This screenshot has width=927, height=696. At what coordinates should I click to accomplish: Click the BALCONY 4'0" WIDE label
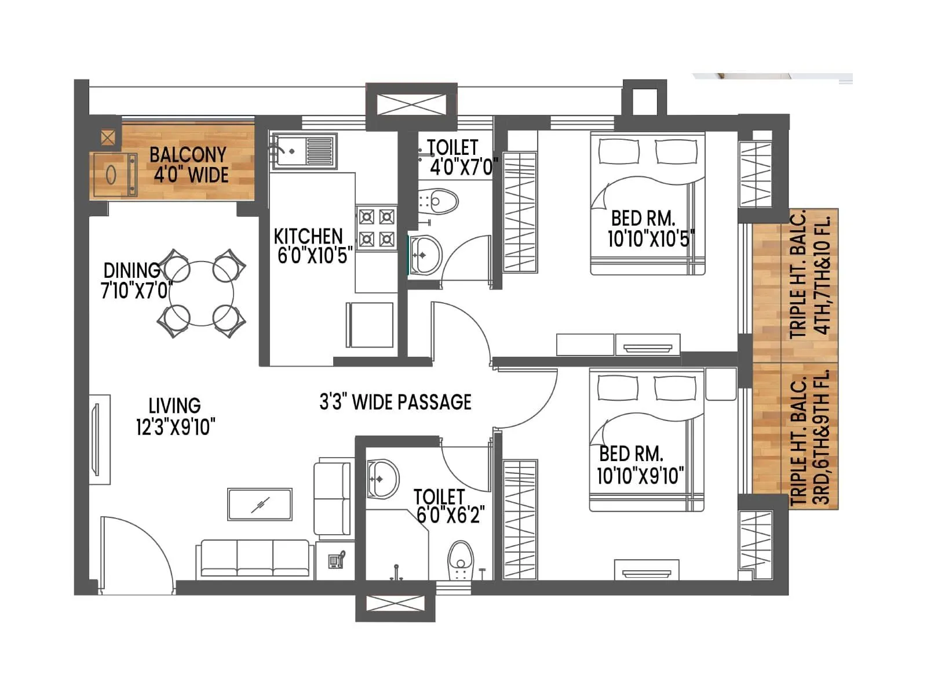click(188, 165)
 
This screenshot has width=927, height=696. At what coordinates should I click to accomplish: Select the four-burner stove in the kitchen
click(376, 228)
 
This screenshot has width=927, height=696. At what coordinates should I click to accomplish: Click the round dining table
click(202, 293)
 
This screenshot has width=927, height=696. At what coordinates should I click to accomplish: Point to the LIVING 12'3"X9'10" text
click(175, 416)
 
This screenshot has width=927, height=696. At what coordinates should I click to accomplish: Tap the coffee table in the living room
click(260, 504)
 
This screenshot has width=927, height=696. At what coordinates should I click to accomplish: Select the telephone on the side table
click(337, 560)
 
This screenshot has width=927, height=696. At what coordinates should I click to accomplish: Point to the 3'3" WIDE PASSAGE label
click(395, 402)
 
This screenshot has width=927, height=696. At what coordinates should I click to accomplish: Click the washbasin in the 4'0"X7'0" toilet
click(426, 254)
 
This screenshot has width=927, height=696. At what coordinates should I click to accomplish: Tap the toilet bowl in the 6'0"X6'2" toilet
click(461, 560)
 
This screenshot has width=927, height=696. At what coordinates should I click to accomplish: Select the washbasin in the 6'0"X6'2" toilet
click(382, 478)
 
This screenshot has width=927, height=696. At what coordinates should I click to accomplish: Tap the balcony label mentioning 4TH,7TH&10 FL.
click(810, 276)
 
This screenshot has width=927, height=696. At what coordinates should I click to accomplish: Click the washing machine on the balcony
click(114, 175)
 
